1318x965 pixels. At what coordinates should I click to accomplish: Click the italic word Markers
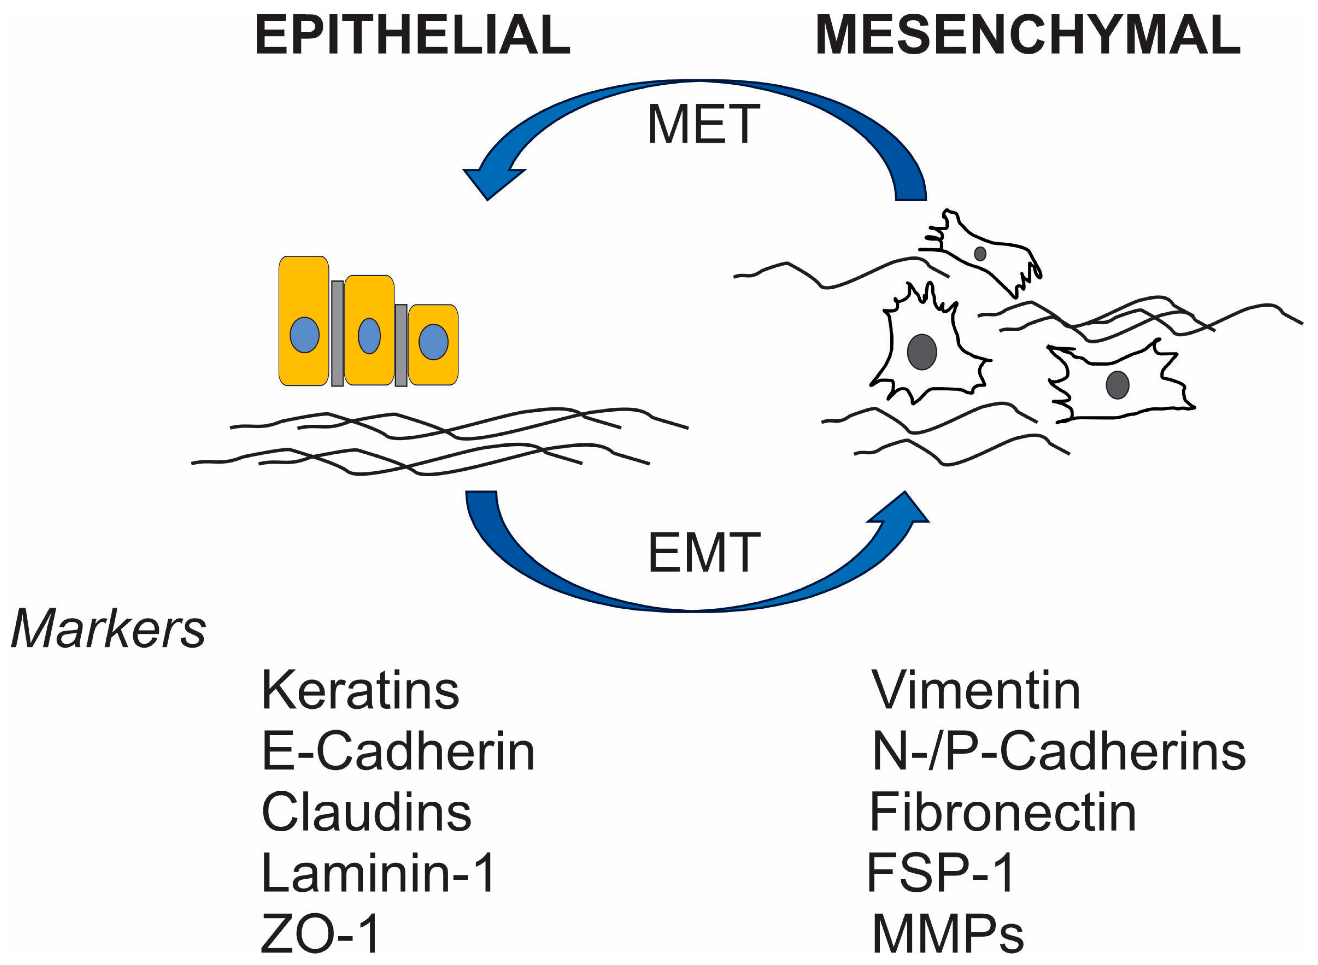click(x=109, y=629)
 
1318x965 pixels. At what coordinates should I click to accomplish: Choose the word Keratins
click(x=360, y=691)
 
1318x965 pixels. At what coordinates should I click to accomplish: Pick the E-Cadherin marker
click(x=398, y=752)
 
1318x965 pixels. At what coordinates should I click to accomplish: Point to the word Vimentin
click(x=976, y=691)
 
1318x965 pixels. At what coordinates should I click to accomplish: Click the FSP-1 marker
click(x=941, y=873)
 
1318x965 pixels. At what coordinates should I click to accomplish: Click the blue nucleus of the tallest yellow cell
click(x=304, y=335)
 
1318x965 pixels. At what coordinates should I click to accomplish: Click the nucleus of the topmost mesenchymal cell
click(x=980, y=253)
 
